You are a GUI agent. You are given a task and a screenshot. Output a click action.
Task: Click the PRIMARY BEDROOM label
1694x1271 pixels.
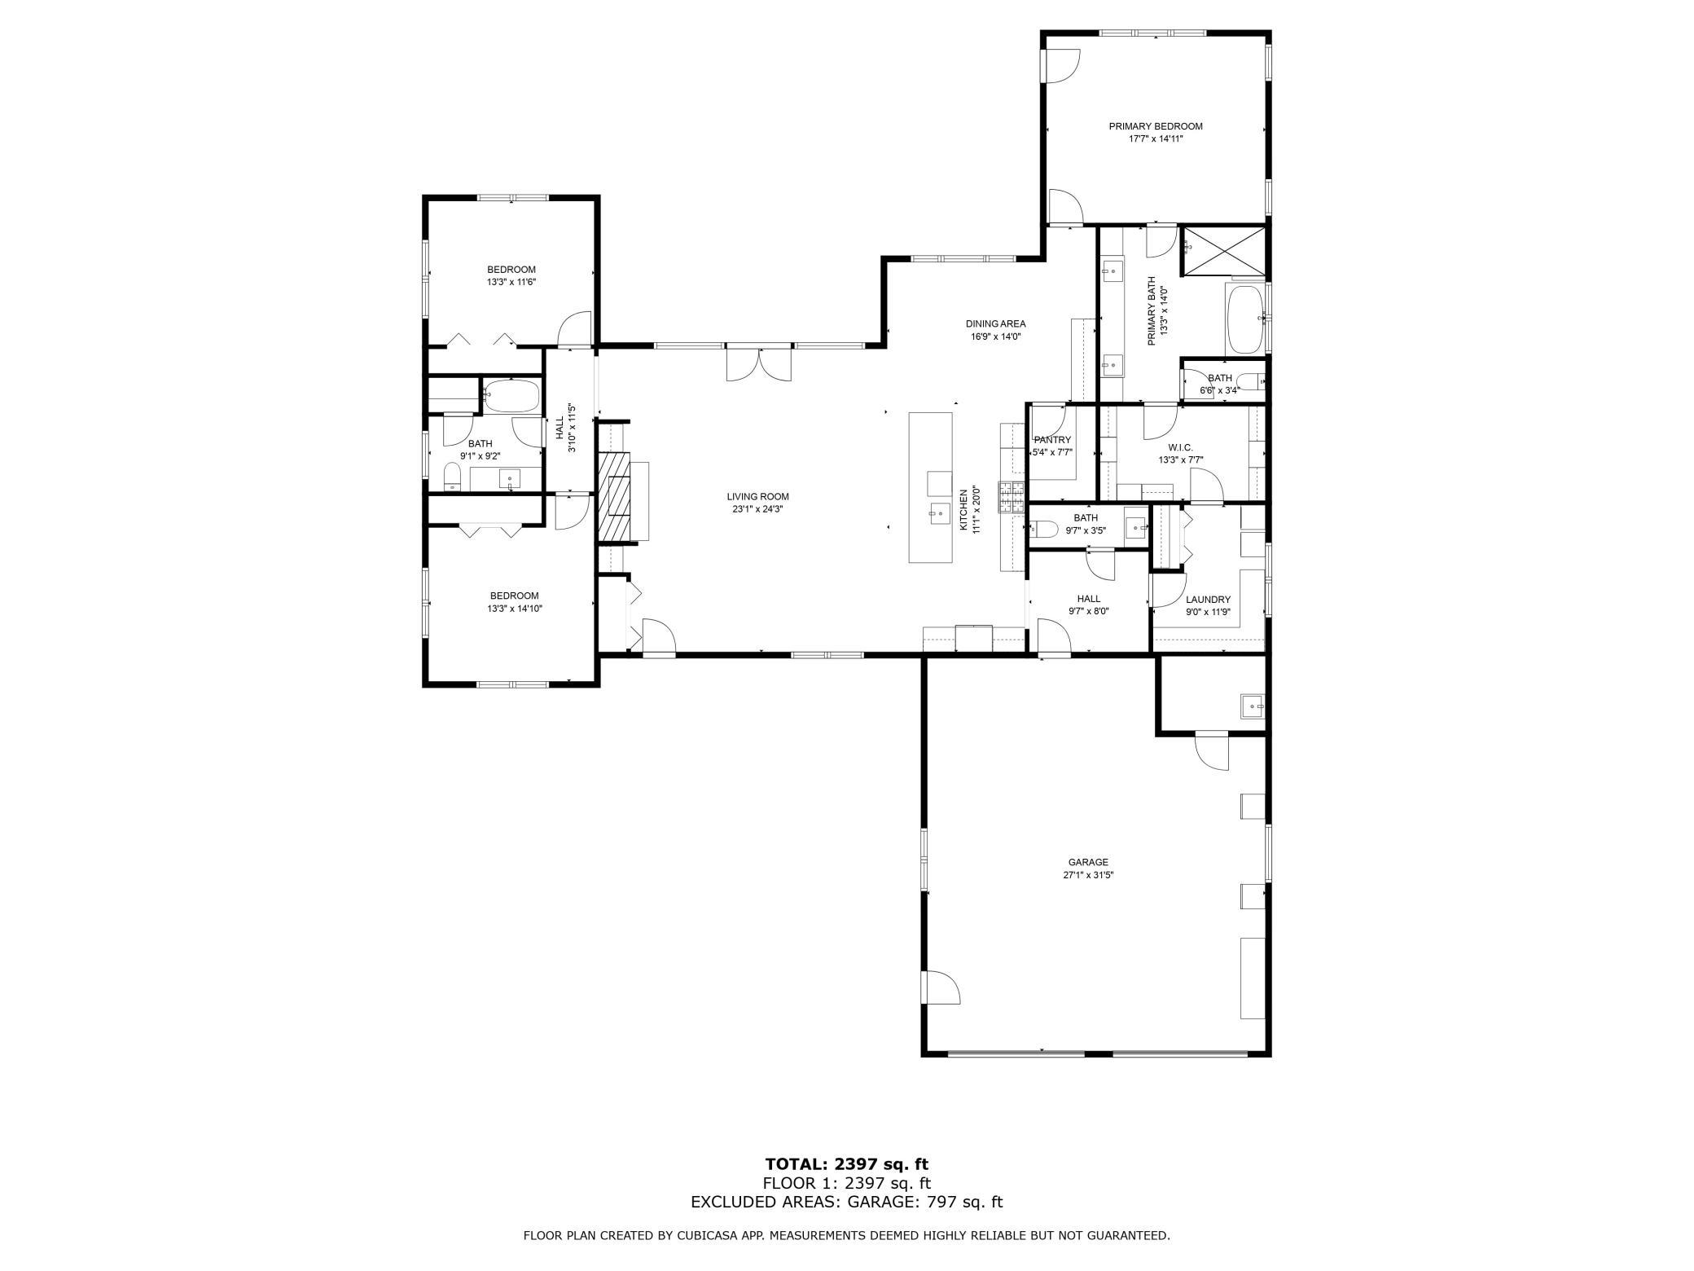[1155, 126]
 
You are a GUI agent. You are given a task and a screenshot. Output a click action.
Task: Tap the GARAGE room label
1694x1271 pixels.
[1088, 862]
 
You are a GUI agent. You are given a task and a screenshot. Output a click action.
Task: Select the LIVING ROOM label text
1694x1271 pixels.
[757, 496]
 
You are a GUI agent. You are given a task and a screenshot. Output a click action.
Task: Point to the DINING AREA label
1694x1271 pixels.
[995, 323]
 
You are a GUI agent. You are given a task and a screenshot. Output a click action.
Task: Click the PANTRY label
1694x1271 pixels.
[1052, 440]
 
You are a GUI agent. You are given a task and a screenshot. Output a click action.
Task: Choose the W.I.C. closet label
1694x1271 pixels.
[1180, 447]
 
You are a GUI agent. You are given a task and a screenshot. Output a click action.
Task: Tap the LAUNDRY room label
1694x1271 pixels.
[1208, 600]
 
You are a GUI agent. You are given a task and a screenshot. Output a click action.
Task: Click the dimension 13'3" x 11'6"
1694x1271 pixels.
[511, 282]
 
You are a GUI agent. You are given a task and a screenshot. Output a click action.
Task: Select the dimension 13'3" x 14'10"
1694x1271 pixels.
[514, 608]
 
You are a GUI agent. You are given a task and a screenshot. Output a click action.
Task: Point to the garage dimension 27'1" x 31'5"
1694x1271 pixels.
[1088, 875]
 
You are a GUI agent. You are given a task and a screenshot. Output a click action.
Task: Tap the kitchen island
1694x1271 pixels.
[930, 487]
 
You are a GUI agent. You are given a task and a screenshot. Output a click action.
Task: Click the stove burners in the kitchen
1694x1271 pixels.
[1011, 497]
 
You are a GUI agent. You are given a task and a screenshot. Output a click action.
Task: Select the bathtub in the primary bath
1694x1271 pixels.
[1246, 319]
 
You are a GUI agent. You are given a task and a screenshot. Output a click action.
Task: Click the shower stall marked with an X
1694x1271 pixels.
[1224, 251]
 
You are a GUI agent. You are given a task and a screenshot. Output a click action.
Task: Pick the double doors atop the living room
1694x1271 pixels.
[758, 363]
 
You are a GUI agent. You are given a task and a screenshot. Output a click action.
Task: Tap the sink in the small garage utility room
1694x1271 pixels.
[1252, 706]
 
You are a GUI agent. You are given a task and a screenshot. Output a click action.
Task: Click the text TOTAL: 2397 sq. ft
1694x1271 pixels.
[847, 1164]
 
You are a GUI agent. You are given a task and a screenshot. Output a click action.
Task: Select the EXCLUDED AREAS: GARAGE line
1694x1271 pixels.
[847, 1202]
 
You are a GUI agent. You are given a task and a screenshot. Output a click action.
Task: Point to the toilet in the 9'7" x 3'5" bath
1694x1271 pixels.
[1043, 530]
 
